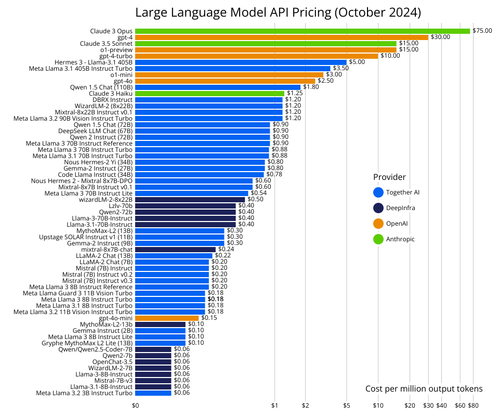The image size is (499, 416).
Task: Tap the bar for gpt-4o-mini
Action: point(167,318)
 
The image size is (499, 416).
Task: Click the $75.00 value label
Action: point(482,31)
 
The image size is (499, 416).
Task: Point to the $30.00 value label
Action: point(440,37)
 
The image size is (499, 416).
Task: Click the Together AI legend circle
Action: point(378,192)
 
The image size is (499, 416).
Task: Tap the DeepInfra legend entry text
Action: point(401,208)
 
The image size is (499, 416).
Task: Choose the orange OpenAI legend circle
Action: point(378,224)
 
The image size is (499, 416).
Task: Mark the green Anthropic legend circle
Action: point(378,239)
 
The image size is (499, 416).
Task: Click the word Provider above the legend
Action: point(389,177)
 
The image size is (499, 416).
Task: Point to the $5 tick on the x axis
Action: point(347,406)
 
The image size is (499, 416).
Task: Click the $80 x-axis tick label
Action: point(473,406)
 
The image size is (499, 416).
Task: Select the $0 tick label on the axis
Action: point(136,406)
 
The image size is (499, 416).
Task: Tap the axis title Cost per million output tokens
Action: point(424,389)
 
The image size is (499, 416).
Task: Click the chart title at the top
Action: point(278,12)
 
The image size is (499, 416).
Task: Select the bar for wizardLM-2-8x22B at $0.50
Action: point(190,200)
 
